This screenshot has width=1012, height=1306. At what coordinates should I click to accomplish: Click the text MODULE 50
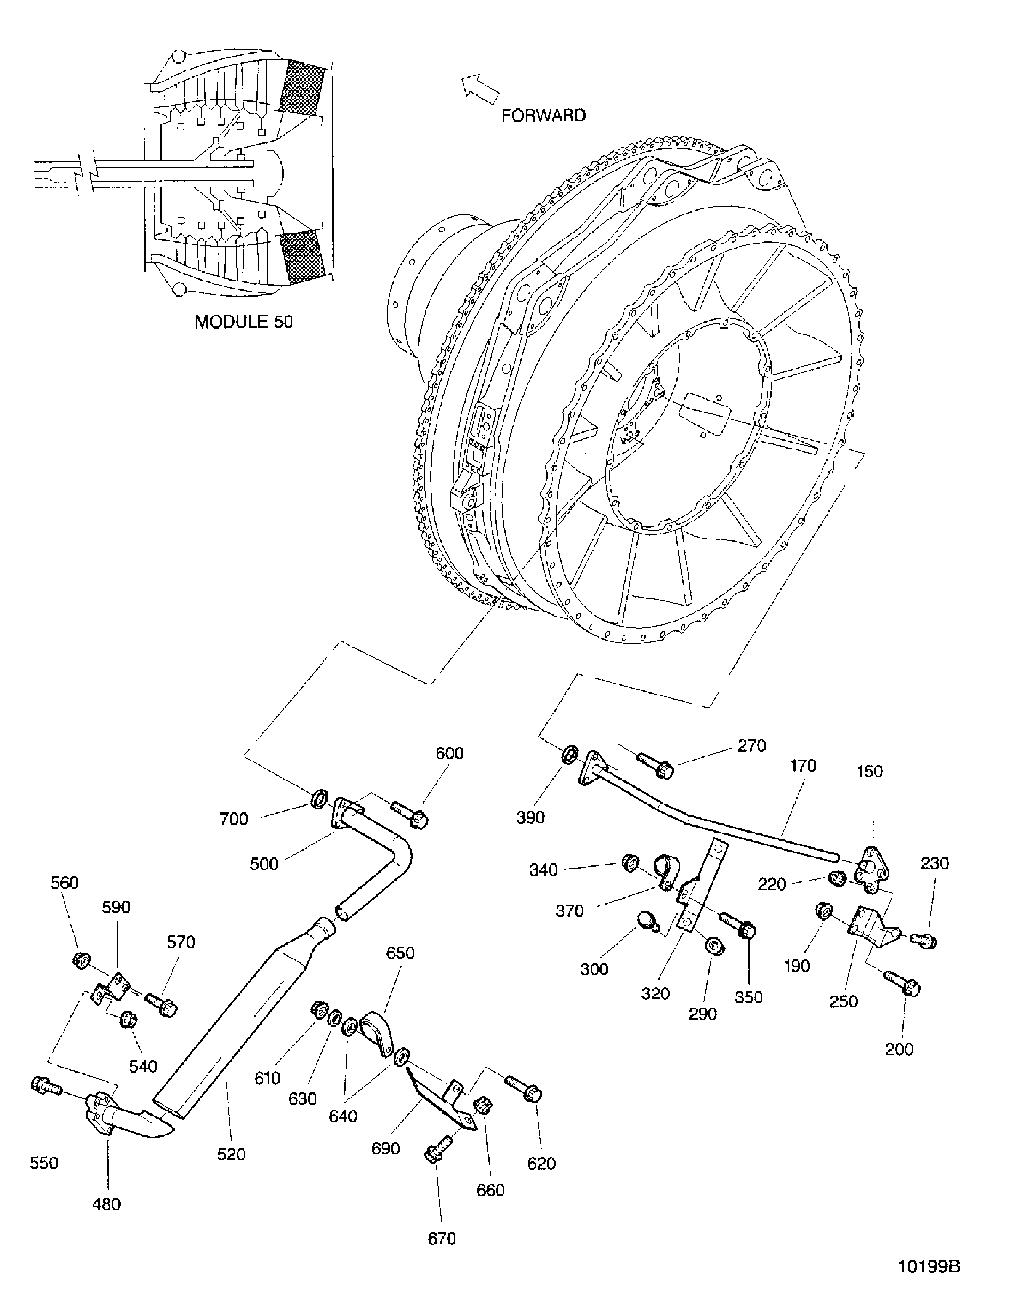(244, 322)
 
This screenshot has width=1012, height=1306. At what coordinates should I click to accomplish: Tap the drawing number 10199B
(929, 1266)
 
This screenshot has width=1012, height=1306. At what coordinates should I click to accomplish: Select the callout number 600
(449, 753)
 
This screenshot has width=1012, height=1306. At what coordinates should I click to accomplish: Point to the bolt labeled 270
(656, 765)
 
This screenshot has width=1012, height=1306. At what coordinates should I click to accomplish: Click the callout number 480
(107, 1204)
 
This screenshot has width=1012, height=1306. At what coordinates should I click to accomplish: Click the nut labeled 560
(78, 960)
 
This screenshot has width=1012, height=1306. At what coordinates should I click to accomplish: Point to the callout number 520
(231, 1154)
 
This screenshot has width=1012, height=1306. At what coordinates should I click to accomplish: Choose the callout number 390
(530, 817)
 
